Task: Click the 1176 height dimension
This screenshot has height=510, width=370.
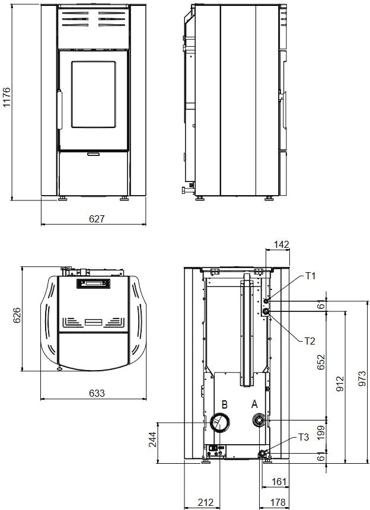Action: pyautogui.click(x=7, y=97)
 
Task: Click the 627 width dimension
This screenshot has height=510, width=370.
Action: pyautogui.click(x=97, y=219)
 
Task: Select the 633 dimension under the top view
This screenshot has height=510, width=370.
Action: pyautogui.click(x=97, y=393)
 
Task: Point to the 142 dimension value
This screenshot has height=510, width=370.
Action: pyautogui.click(x=281, y=244)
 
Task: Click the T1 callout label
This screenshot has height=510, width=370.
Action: pyautogui.click(x=310, y=276)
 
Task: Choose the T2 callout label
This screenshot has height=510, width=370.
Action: pyautogui.click(x=310, y=341)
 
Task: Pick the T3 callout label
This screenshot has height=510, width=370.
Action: pyautogui.click(x=304, y=437)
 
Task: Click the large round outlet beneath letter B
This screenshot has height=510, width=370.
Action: pyautogui.click(x=220, y=422)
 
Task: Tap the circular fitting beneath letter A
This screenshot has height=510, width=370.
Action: pyautogui.click(x=259, y=421)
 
